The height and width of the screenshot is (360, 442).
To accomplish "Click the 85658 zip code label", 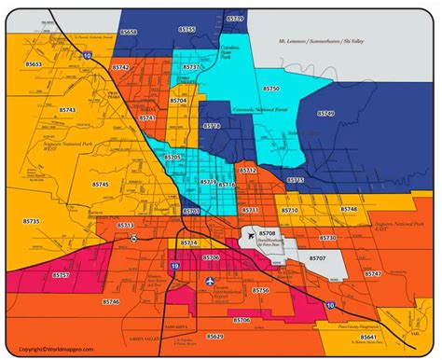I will (130, 32).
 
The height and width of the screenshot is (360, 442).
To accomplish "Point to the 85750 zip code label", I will (270, 88).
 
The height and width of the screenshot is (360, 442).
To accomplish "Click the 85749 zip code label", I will (325, 113).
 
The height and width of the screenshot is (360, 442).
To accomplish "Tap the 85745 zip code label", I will (100, 185).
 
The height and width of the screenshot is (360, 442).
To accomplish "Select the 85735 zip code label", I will (32, 221).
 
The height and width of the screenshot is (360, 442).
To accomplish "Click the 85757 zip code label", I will (61, 275).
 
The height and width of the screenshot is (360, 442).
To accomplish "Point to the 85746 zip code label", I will (111, 302).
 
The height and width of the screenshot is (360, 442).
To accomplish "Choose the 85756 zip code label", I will (260, 291).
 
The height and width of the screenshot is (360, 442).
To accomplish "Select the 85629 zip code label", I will (214, 335).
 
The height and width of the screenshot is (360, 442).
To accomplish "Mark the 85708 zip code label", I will (268, 231).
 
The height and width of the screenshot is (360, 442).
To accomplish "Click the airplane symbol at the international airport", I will (208, 280).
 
